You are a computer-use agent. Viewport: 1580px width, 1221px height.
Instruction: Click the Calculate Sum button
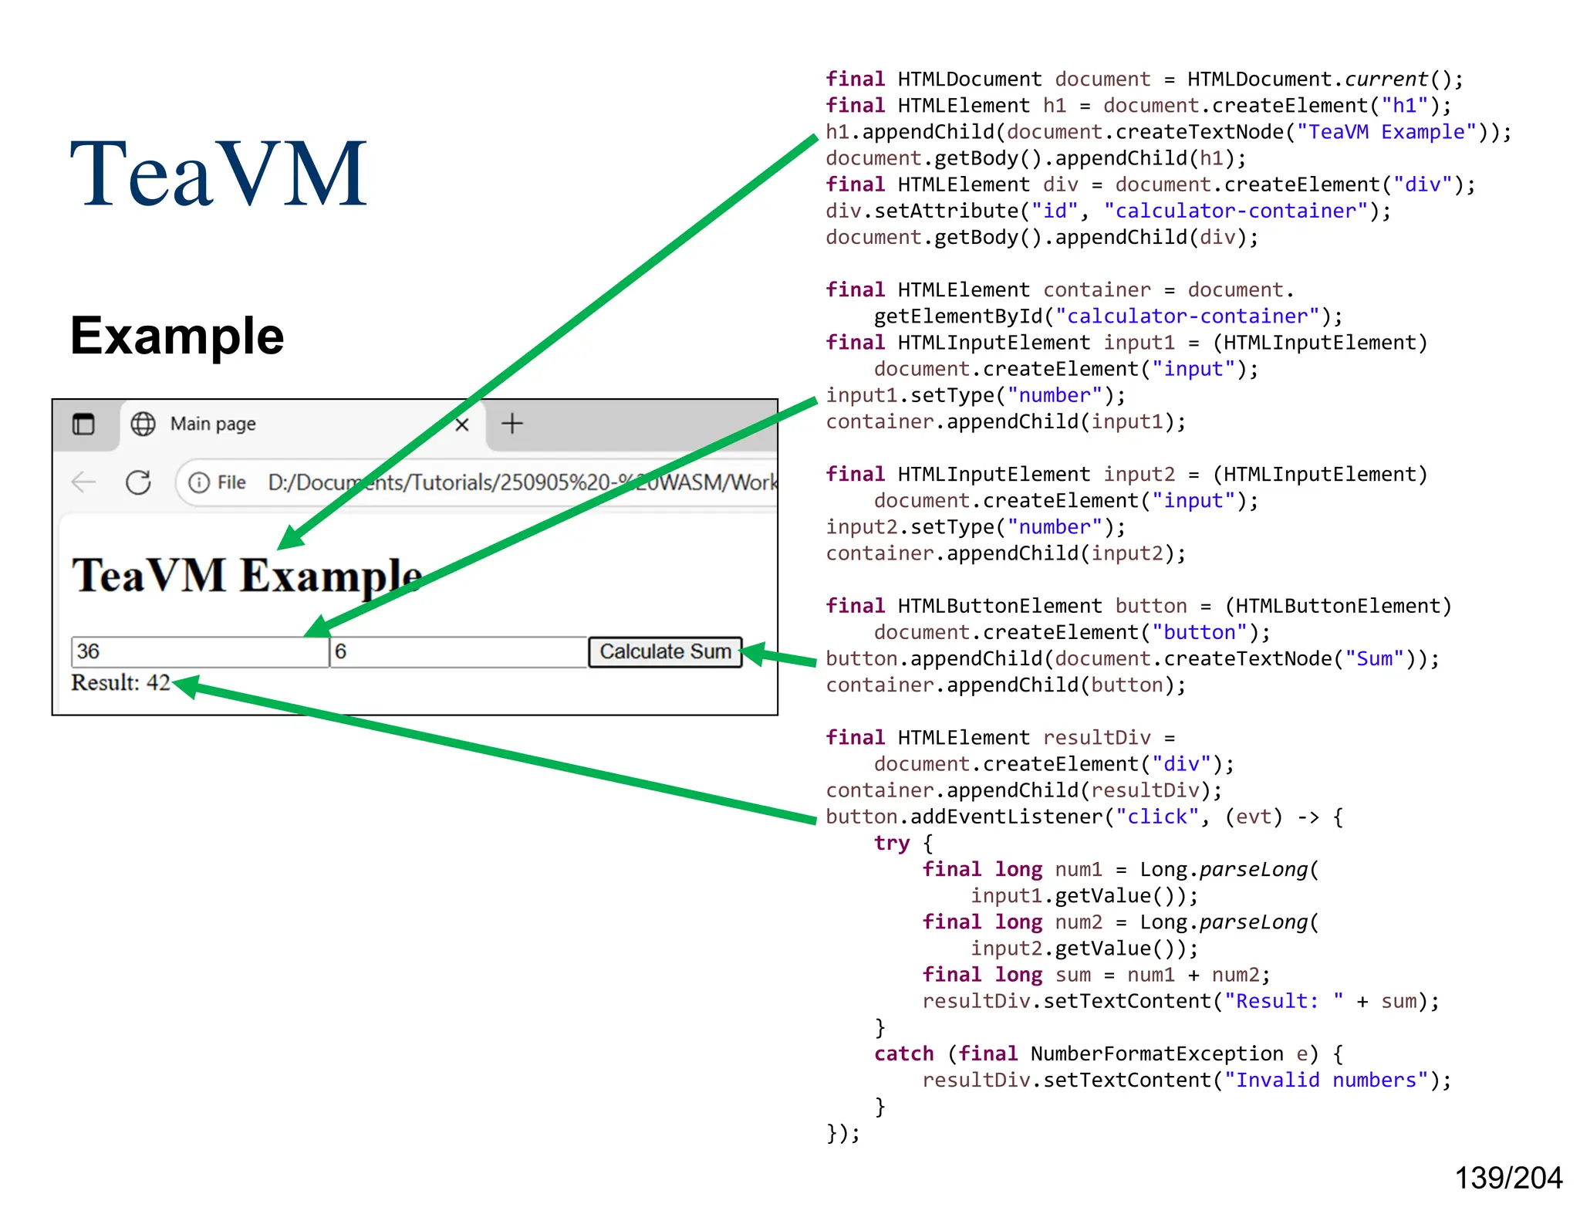[x=664, y=652]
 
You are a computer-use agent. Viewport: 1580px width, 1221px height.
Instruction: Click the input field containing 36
[x=199, y=652]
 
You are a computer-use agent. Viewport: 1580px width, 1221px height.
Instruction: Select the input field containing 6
[x=458, y=652]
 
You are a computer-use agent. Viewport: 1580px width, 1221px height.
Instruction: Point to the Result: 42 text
[x=120, y=683]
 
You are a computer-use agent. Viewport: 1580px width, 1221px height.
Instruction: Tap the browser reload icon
[x=138, y=483]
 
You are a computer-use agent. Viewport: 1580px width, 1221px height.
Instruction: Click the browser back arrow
[x=83, y=483]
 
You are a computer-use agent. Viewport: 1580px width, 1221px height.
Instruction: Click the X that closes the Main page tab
[x=462, y=424]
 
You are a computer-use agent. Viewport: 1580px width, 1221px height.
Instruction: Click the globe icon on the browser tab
[x=143, y=424]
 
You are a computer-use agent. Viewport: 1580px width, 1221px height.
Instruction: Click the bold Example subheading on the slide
[x=177, y=336]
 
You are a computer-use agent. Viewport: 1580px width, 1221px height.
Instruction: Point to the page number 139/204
[x=1507, y=1179]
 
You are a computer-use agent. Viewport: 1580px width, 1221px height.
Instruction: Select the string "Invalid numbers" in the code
[x=1326, y=1081]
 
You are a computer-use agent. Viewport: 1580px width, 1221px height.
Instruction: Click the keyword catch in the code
[x=903, y=1054]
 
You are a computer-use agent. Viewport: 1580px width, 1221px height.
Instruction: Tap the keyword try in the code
[x=891, y=844]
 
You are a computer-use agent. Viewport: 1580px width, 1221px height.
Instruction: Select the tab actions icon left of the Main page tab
[x=83, y=424]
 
